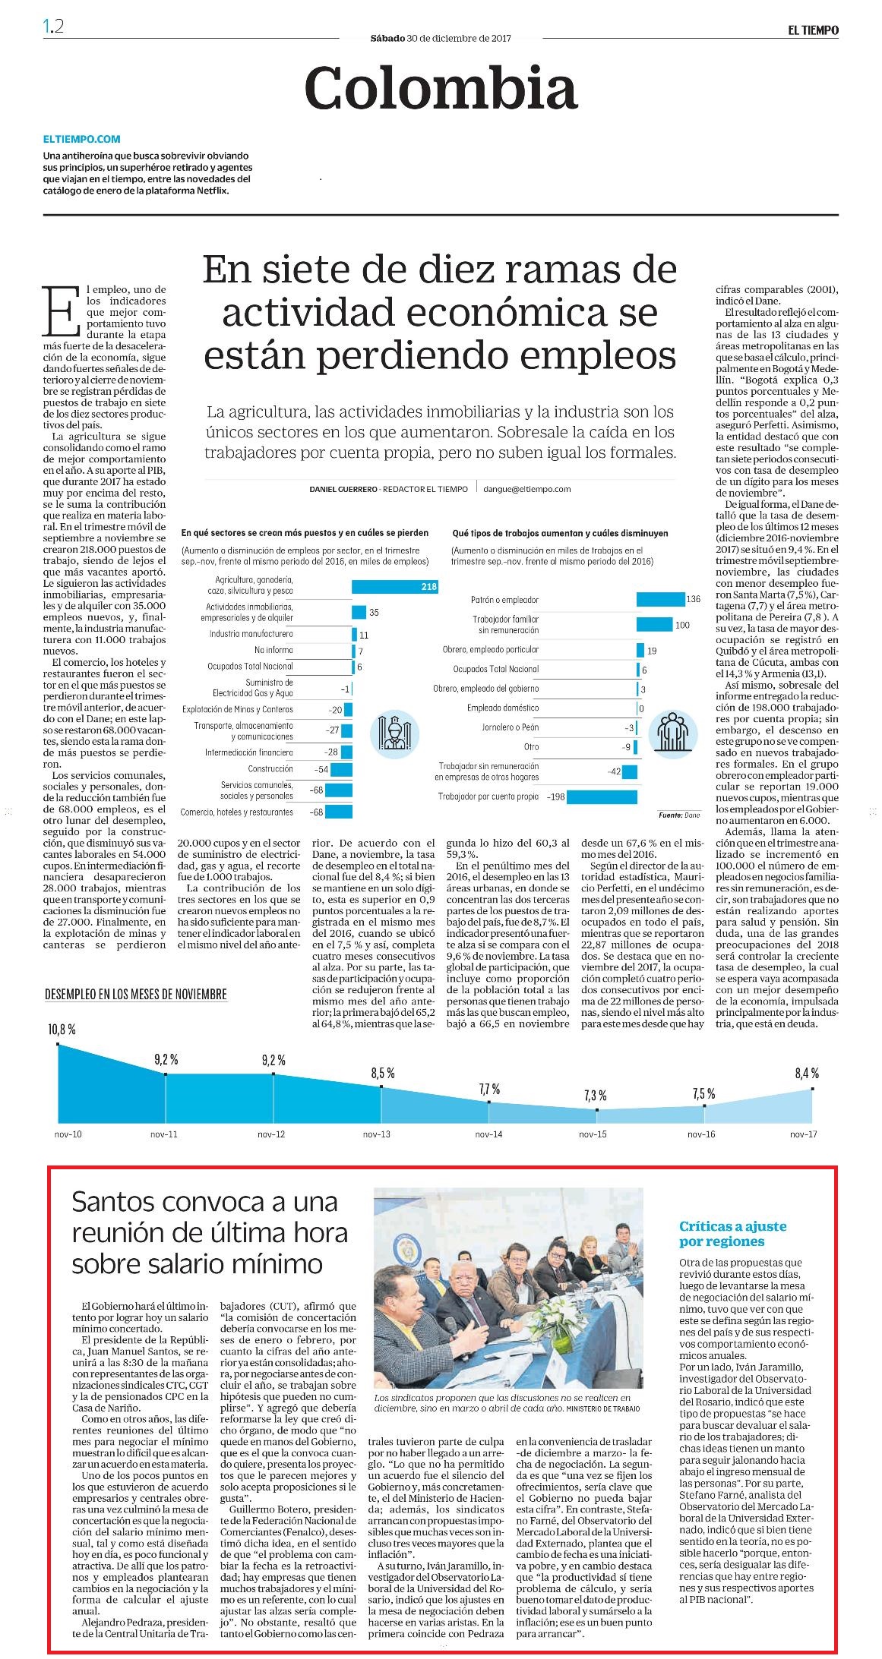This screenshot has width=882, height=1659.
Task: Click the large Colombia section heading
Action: click(441, 88)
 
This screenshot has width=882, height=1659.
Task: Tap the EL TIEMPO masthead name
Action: click(813, 30)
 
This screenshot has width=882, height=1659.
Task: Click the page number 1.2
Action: click(53, 27)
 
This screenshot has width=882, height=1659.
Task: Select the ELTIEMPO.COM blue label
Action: click(81, 139)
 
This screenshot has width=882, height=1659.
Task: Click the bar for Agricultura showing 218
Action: click(395, 586)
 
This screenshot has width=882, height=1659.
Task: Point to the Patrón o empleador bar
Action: click(660, 600)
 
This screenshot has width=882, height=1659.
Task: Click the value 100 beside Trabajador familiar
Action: click(682, 625)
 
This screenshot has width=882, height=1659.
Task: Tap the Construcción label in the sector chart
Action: click(270, 769)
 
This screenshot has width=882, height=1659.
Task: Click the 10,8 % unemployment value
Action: click(62, 1030)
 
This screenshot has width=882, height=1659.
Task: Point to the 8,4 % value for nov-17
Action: click(807, 1073)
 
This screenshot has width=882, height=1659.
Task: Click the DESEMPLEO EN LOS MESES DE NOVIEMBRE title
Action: click(136, 994)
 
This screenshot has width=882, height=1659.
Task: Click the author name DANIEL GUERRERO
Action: click(343, 490)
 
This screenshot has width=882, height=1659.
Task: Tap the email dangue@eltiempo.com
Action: click(527, 490)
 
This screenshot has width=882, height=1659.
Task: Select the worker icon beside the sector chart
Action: click(394, 733)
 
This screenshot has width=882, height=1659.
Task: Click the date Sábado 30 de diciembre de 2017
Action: click(441, 38)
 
